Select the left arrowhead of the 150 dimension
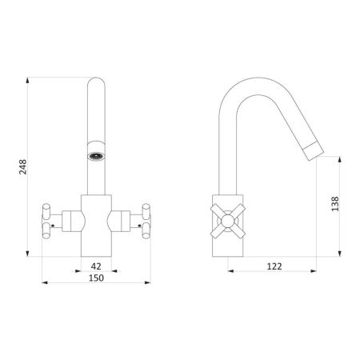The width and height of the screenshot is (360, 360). coord(44,283)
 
